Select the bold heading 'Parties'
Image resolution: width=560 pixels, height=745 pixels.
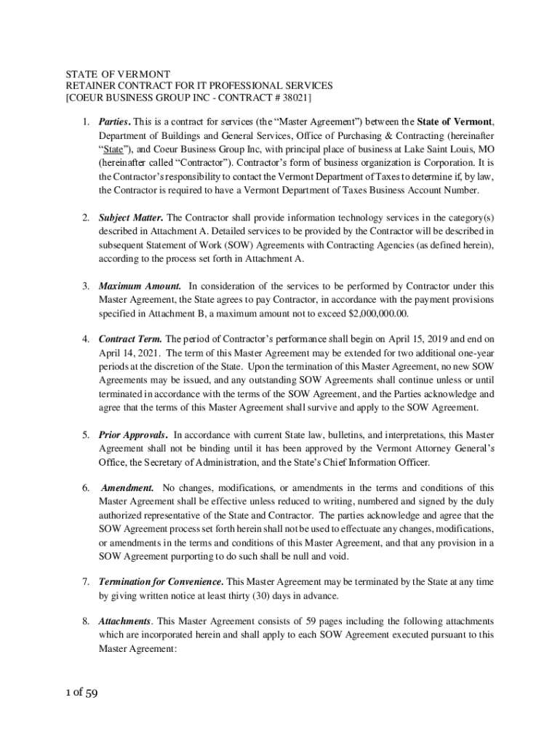click(115, 121)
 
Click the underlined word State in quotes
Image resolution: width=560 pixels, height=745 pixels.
click(112, 148)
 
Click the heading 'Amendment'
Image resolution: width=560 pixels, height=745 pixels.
click(128, 488)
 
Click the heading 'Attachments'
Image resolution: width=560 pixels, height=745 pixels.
click(124, 622)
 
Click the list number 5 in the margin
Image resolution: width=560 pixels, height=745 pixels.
click(84, 435)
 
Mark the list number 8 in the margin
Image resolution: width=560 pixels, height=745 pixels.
click(84, 622)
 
